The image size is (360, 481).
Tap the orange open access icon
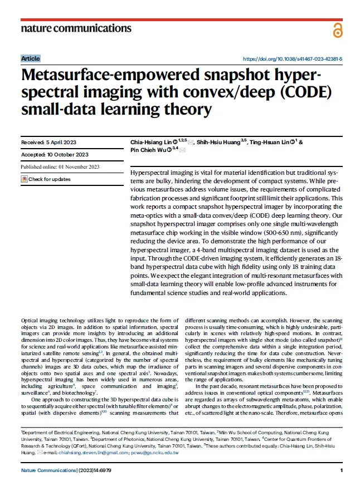(x=337, y=30)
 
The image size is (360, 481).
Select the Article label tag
(x=31, y=58)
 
